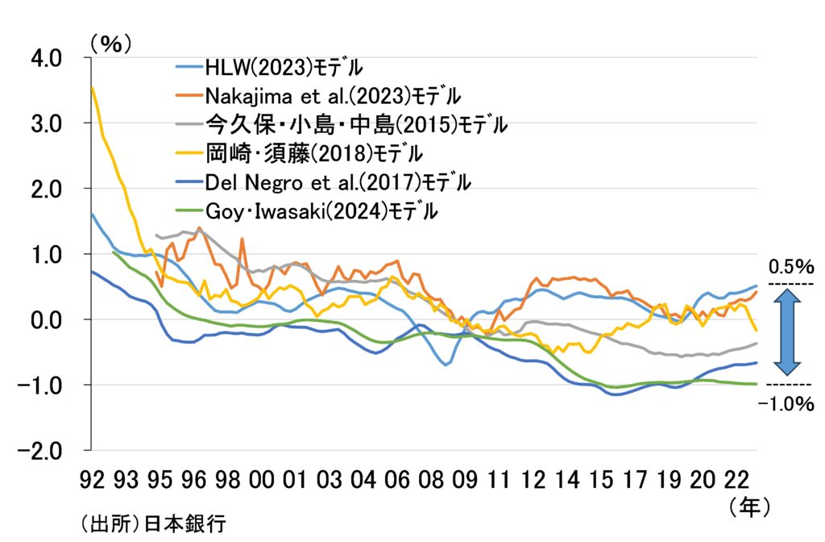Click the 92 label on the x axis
coord(93,480)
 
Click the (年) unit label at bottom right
coord(748,507)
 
